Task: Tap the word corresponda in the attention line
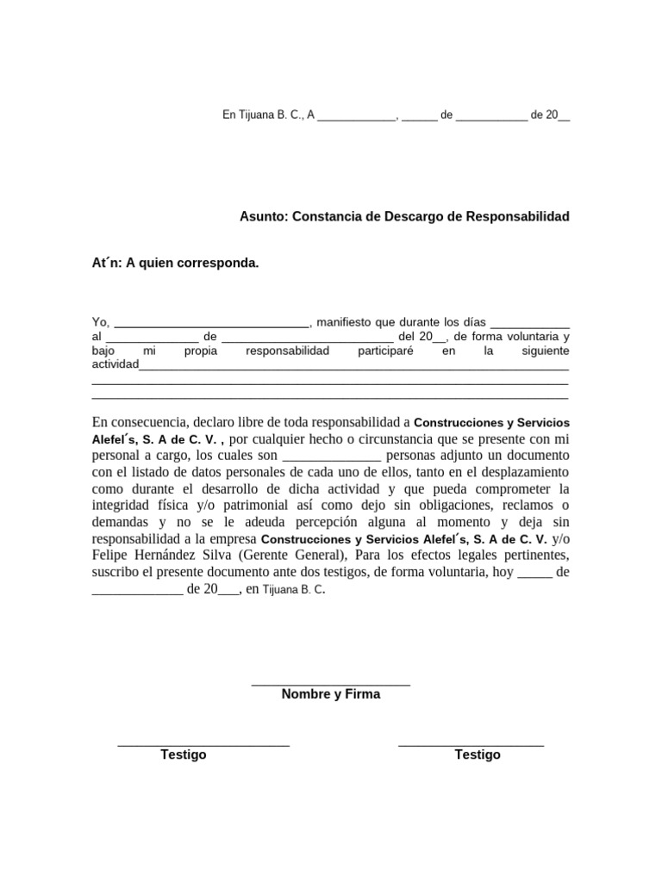[217, 263]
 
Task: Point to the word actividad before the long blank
[115, 364]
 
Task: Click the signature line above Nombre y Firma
[330, 685]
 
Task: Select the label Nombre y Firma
[330, 694]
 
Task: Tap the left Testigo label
[184, 755]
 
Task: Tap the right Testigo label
[478, 755]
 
